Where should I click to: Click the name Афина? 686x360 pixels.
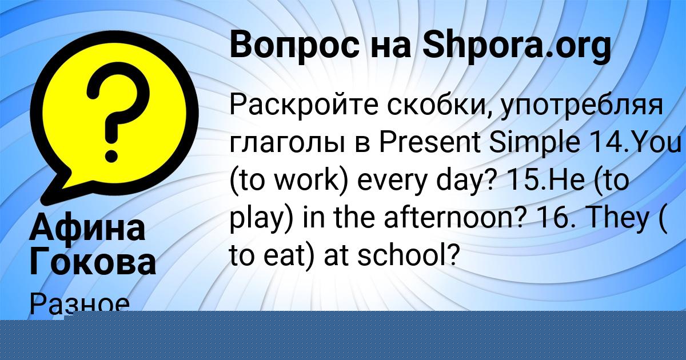tap(87, 227)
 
